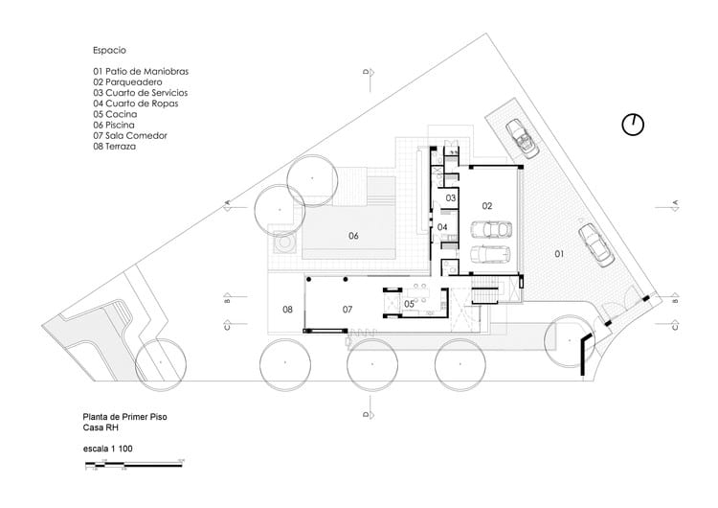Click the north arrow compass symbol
[633, 125]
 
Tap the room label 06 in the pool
[353, 236]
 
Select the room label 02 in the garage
[486, 205]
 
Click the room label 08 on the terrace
[286, 309]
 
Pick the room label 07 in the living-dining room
[349, 309]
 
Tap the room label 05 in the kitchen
[409, 304]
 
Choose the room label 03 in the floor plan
[449, 196]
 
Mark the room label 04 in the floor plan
[442, 227]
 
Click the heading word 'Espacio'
[110, 49]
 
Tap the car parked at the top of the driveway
[523, 137]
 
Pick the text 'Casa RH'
[101, 428]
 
